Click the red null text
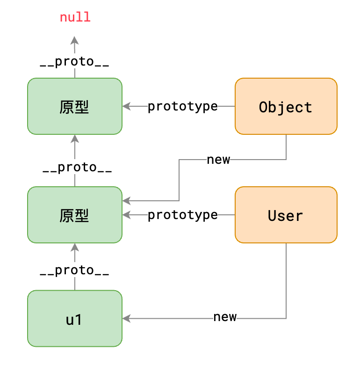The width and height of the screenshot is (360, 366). [x=75, y=18]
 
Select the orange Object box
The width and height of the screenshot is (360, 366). [x=286, y=107]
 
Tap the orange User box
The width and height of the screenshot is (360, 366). [x=286, y=215]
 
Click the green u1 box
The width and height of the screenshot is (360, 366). [x=75, y=319]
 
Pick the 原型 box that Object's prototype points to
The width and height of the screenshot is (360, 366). [x=75, y=107]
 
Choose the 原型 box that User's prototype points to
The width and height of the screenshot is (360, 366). [x=75, y=215]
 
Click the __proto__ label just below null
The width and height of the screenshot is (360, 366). [x=75, y=63]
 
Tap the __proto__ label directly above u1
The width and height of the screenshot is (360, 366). [x=75, y=271]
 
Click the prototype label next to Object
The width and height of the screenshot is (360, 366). [x=183, y=107]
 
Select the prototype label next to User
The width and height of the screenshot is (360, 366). [x=183, y=215]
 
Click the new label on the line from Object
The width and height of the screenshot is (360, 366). [x=218, y=160]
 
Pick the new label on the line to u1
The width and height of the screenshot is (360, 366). [x=225, y=317]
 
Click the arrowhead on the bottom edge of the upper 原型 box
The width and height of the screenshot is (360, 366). [x=75, y=138]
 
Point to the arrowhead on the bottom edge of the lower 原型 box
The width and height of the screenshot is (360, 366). [x=75, y=247]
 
